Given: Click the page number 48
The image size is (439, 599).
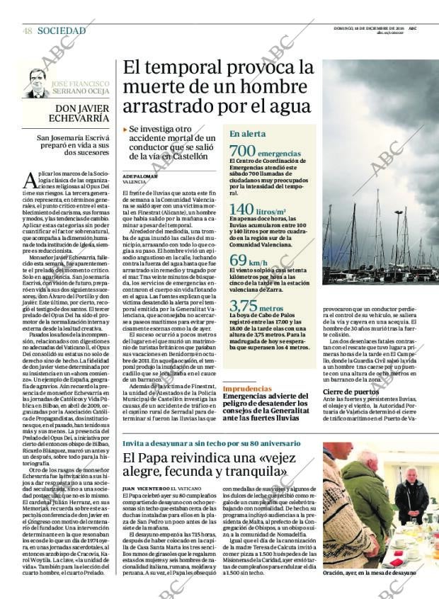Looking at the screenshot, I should pos(28,31).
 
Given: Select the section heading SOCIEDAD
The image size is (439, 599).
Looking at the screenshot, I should pos(62,31).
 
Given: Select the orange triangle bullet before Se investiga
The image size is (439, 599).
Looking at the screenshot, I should pos(125,130).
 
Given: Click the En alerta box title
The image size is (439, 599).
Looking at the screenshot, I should pos(268,133).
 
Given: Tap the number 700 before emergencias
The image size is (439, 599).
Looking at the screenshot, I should pos(242,152).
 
